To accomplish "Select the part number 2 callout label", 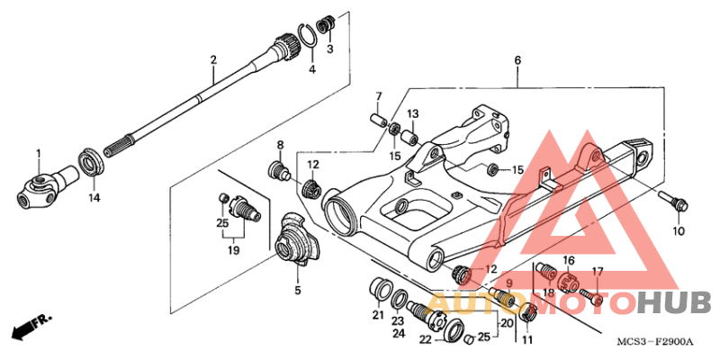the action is click(213, 60).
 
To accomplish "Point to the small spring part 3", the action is click(326, 24).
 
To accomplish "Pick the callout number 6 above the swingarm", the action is click(517, 60).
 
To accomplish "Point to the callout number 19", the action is click(234, 251).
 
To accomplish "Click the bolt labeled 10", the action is click(673, 201).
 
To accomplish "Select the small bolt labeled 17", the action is click(591, 297).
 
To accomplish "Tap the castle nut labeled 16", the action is click(568, 281).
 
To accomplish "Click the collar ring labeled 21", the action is click(380, 291).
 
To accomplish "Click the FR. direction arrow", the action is click(31, 327).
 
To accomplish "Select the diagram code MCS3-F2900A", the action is click(655, 343).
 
